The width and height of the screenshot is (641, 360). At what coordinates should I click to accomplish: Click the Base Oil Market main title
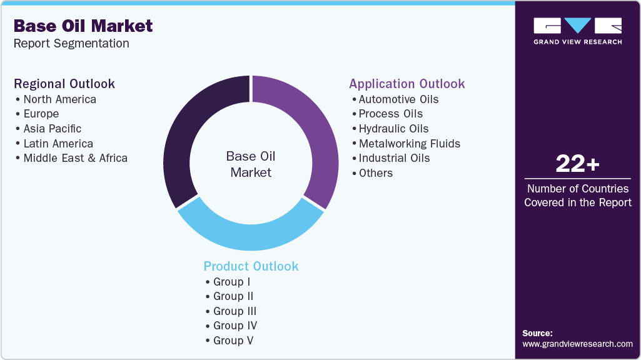[83, 26]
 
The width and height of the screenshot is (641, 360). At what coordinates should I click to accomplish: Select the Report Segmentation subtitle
[71, 44]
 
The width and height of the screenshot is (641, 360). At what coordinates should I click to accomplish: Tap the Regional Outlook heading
[64, 84]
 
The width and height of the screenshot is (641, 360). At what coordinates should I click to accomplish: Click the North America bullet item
[59, 99]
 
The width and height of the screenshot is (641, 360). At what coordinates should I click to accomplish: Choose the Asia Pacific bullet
[53, 129]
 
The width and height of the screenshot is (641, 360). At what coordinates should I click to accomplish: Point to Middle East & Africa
[75, 158]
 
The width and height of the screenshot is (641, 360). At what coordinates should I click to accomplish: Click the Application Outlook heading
[407, 84]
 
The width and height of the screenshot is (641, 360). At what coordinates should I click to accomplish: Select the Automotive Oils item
[398, 99]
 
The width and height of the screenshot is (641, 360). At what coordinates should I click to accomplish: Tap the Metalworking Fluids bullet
[409, 144]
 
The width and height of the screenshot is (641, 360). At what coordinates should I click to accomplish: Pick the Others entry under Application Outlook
[375, 173]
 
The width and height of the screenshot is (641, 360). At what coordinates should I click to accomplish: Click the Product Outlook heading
[251, 266]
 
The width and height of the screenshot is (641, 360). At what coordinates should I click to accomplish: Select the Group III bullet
[235, 311]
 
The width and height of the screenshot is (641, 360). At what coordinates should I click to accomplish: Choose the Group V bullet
[233, 341]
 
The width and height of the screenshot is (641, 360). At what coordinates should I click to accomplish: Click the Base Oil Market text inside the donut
[251, 164]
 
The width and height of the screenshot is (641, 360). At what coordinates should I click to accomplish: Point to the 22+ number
[578, 164]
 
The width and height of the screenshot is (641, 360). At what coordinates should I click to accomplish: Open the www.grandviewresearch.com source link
[577, 344]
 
